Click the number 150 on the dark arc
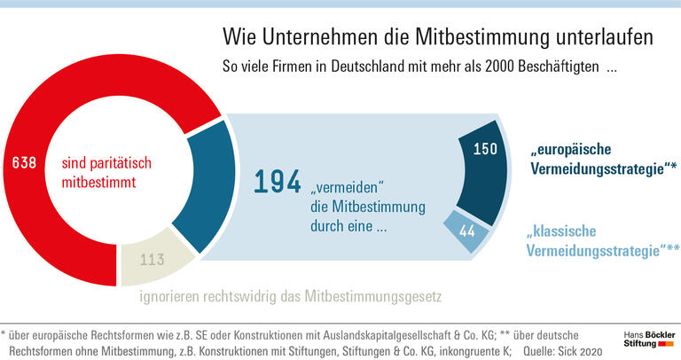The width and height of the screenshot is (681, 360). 485,149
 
